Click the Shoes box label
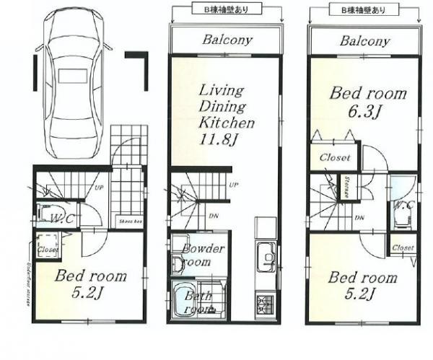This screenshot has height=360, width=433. tap(128, 222)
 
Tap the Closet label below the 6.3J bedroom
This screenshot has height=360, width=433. tap(331, 157)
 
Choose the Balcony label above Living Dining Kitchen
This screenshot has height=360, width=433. tap(226, 40)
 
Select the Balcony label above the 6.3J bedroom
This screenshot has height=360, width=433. tap(364, 40)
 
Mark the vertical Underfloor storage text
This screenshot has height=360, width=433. tap(26, 274)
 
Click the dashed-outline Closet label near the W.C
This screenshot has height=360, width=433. tap(48, 249)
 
